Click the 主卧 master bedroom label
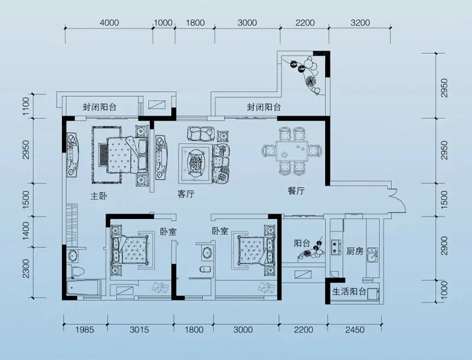click(99, 197)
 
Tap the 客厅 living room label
click(186, 194)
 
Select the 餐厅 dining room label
click(296, 191)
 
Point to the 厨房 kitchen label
click(355, 251)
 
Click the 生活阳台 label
click(349, 292)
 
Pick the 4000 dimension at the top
click(109, 23)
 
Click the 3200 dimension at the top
click(360, 23)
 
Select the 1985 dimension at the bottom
click(84, 330)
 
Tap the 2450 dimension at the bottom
click(355, 330)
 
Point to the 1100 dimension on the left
click(26, 106)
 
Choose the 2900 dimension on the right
click(444, 246)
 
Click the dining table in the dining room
click(291, 152)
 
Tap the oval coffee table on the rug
click(196, 163)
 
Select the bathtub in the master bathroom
click(83, 288)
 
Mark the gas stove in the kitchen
click(335, 247)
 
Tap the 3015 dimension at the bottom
click(139, 330)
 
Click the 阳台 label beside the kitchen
click(302, 243)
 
